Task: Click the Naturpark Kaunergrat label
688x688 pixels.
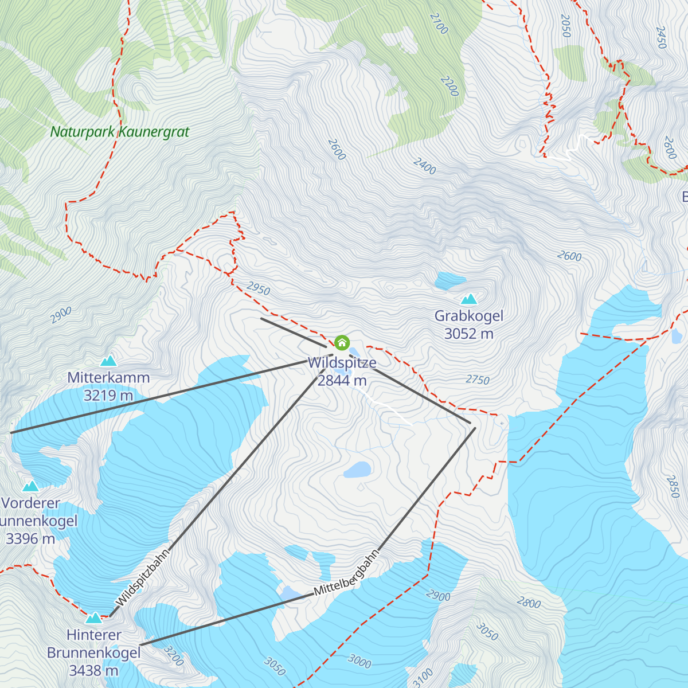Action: click(119, 132)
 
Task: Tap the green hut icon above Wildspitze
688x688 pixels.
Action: click(342, 343)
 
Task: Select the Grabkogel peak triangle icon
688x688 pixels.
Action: click(469, 299)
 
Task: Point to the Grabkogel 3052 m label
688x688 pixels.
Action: click(468, 325)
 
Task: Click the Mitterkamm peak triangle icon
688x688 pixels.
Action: click(108, 361)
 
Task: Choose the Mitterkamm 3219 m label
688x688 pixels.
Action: click(108, 386)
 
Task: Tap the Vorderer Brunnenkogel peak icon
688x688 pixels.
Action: click(30, 487)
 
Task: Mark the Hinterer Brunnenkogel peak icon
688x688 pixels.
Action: click(93, 618)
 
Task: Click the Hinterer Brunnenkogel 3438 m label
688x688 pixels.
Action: click(93, 652)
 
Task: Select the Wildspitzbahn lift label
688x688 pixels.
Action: click(143, 578)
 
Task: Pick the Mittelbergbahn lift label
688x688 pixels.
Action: click(347, 573)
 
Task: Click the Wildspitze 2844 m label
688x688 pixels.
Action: click(342, 372)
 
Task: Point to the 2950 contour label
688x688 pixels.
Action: click(258, 288)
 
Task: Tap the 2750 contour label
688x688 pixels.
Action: click(478, 380)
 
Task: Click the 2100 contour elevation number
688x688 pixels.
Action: click(439, 24)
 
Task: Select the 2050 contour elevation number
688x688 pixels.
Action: click(565, 26)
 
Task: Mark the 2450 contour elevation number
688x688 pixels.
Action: click(660, 37)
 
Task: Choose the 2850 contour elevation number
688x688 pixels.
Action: click(673, 486)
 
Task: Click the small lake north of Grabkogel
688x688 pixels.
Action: click(450, 280)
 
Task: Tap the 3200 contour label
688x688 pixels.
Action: click(173, 656)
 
